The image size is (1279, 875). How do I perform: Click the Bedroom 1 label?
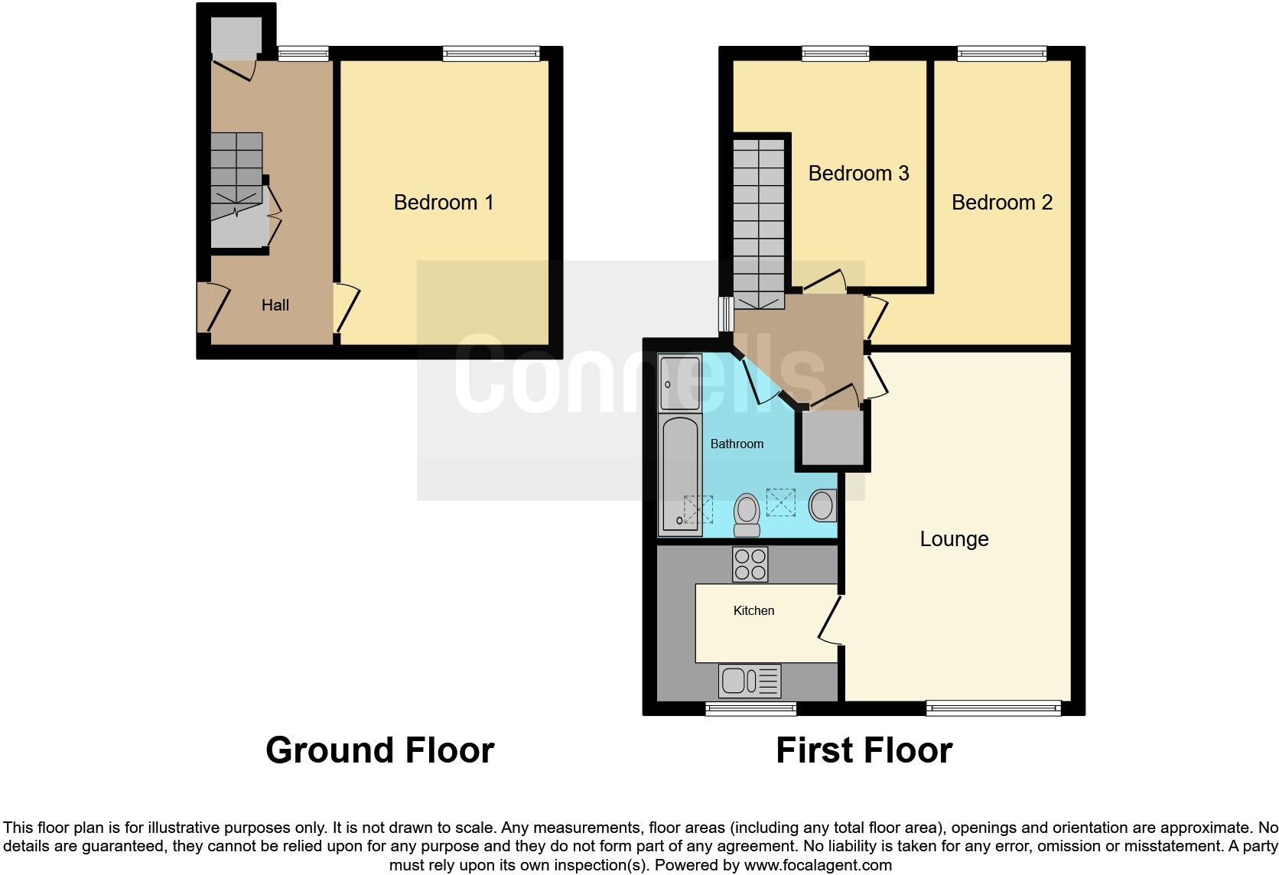[x=443, y=203]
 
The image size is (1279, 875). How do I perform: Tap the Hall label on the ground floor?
[x=275, y=305]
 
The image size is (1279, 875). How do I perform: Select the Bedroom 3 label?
[x=858, y=174]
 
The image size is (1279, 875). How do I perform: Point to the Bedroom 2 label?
[x=1001, y=203]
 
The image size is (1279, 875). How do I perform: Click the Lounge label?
[x=954, y=539]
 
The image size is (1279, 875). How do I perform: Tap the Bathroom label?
[x=737, y=444]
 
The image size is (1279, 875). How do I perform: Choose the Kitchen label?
[x=753, y=610]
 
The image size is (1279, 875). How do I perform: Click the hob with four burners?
[x=750, y=564]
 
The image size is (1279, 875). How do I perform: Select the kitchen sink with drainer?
[x=749, y=680]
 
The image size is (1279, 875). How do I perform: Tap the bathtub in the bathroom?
[x=680, y=474]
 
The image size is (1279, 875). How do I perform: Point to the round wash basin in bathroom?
[x=822, y=506]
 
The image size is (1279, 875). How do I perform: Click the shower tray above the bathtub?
[x=679, y=382]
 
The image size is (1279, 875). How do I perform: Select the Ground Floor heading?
[x=379, y=750]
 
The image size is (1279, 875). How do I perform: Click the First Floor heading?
[x=864, y=750]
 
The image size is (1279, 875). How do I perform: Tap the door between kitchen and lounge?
[x=832, y=620]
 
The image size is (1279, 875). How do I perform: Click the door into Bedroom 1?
[x=346, y=307]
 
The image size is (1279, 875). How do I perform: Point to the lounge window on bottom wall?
[x=993, y=708]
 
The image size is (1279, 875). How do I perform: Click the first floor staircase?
[x=759, y=222]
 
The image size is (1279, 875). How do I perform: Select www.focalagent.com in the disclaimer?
[x=818, y=865]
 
